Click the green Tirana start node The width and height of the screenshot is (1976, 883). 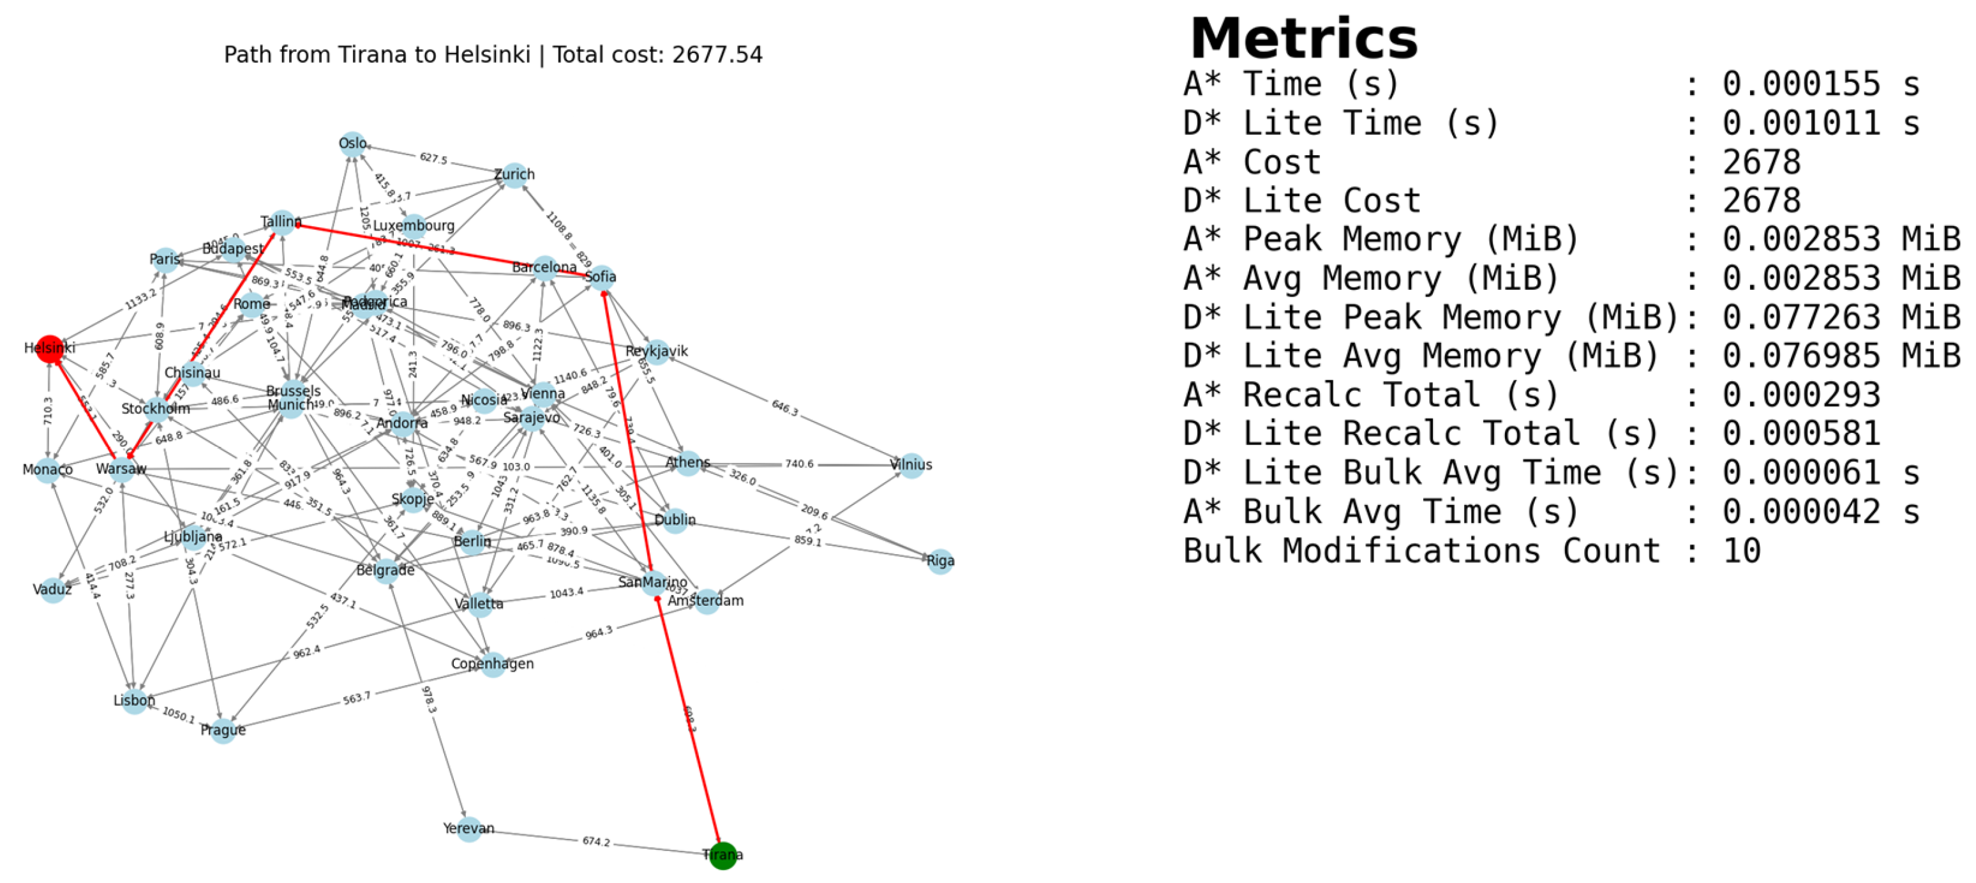pyautogui.click(x=722, y=855)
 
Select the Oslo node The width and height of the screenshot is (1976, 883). pyautogui.click(x=352, y=144)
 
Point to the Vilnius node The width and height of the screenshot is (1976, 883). pyautogui.click(x=911, y=464)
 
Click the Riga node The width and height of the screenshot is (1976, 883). pyautogui.click(x=940, y=561)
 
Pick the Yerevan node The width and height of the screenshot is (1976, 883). pyautogui.click(x=468, y=829)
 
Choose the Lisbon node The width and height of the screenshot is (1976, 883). pyautogui.click(x=134, y=700)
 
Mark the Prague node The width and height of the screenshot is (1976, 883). pyautogui.click(x=223, y=730)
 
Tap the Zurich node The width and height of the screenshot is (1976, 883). pyautogui.click(x=514, y=175)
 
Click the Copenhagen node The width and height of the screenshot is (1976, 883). pyautogui.click(x=493, y=663)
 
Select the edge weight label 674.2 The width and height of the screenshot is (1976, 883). pyautogui.click(x=596, y=841)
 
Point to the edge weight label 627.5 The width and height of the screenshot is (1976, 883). pyautogui.click(x=433, y=158)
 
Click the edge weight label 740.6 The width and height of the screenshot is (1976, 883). pyautogui.click(x=798, y=464)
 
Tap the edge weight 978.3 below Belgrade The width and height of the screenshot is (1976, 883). pyautogui.click(x=429, y=700)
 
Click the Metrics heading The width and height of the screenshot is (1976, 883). pyautogui.click(x=1303, y=38)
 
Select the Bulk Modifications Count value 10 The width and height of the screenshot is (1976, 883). pyautogui.click(x=1740, y=551)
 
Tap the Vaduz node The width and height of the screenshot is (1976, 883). pyautogui.click(x=52, y=590)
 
